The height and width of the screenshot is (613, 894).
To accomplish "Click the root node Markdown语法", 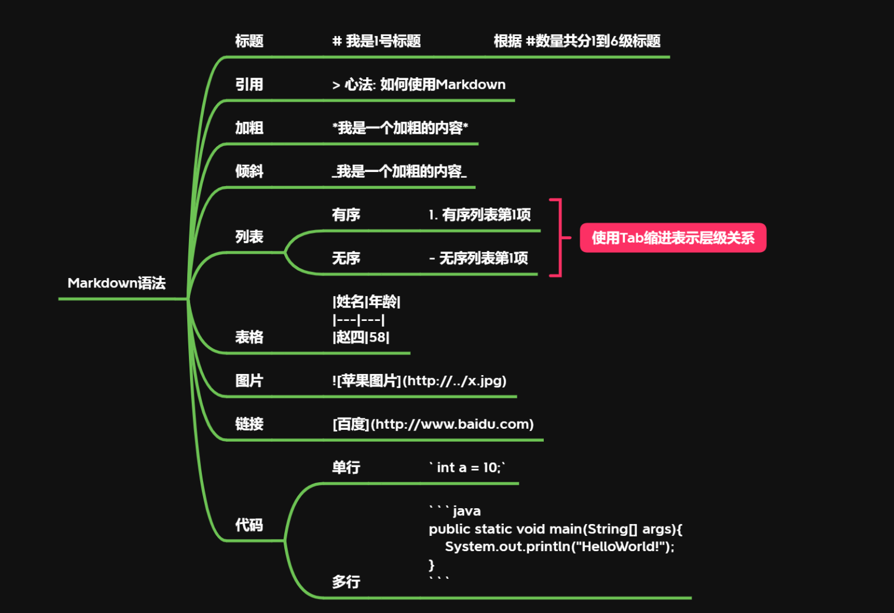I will [117, 283].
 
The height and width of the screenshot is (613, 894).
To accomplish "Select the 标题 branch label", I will [249, 41].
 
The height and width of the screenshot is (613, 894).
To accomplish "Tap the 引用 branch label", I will [249, 85].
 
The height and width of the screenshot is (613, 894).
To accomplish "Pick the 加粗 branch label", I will [249, 128].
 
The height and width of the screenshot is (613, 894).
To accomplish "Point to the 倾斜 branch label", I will [249, 171].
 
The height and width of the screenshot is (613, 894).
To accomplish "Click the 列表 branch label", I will [249, 237].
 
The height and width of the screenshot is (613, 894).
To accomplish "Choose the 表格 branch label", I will [249, 337].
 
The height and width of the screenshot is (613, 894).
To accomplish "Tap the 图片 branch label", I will [249, 381].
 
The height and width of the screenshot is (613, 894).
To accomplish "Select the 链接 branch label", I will [249, 424].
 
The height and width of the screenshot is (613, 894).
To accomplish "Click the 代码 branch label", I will [249, 525].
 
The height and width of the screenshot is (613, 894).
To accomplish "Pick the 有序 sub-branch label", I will [346, 215].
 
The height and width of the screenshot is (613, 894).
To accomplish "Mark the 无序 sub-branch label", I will [346, 259].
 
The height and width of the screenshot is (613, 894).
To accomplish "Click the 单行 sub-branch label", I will [346, 468].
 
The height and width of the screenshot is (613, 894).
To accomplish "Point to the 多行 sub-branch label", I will [346, 582].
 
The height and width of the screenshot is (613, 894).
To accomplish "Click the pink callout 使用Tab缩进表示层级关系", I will [673, 238].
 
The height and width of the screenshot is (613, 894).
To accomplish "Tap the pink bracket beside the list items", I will [559, 237].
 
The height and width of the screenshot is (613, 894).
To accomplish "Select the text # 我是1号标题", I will [377, 41].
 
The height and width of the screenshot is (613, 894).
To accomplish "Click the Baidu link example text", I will [433, 424].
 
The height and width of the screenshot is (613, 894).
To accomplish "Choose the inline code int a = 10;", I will [467, 468].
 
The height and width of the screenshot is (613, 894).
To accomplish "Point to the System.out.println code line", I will [559, 546].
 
